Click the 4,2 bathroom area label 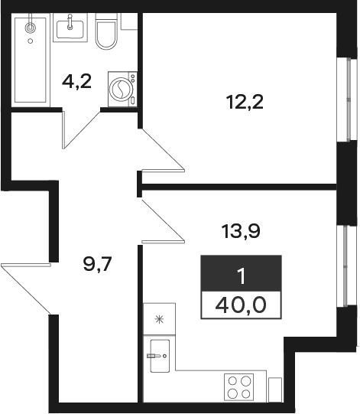coord(76,82)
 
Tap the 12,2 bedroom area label coord(245,102)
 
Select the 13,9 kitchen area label coord(241,231)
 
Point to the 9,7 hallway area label coord(98,264)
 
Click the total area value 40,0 coord(241,305)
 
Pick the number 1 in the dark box coord(242,277)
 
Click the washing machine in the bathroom coord(122,89)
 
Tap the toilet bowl coord(106,31)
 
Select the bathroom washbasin coord(70,28)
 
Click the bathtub coord(31,60)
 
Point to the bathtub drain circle coord(31,41)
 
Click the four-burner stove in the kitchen coord(239,387)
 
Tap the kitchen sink coord(160,356)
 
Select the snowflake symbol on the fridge coord(159,320)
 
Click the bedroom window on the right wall coord(347,99)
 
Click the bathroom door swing coord(81,129)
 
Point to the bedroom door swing coord(162,150)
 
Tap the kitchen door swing coord(162,221)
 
